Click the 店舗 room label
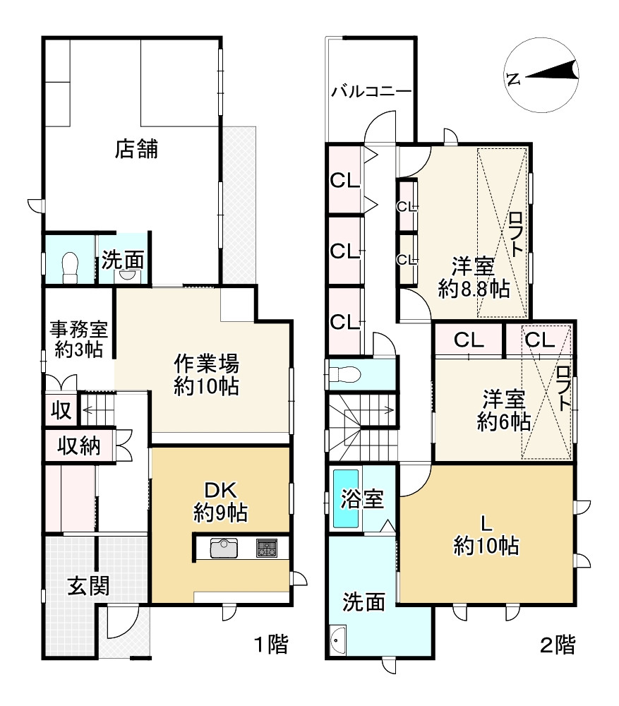137,149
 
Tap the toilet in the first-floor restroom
70,267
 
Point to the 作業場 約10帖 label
207,375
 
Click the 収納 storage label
78,445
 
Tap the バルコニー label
371,91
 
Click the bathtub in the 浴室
346,498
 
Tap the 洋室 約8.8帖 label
473,277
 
